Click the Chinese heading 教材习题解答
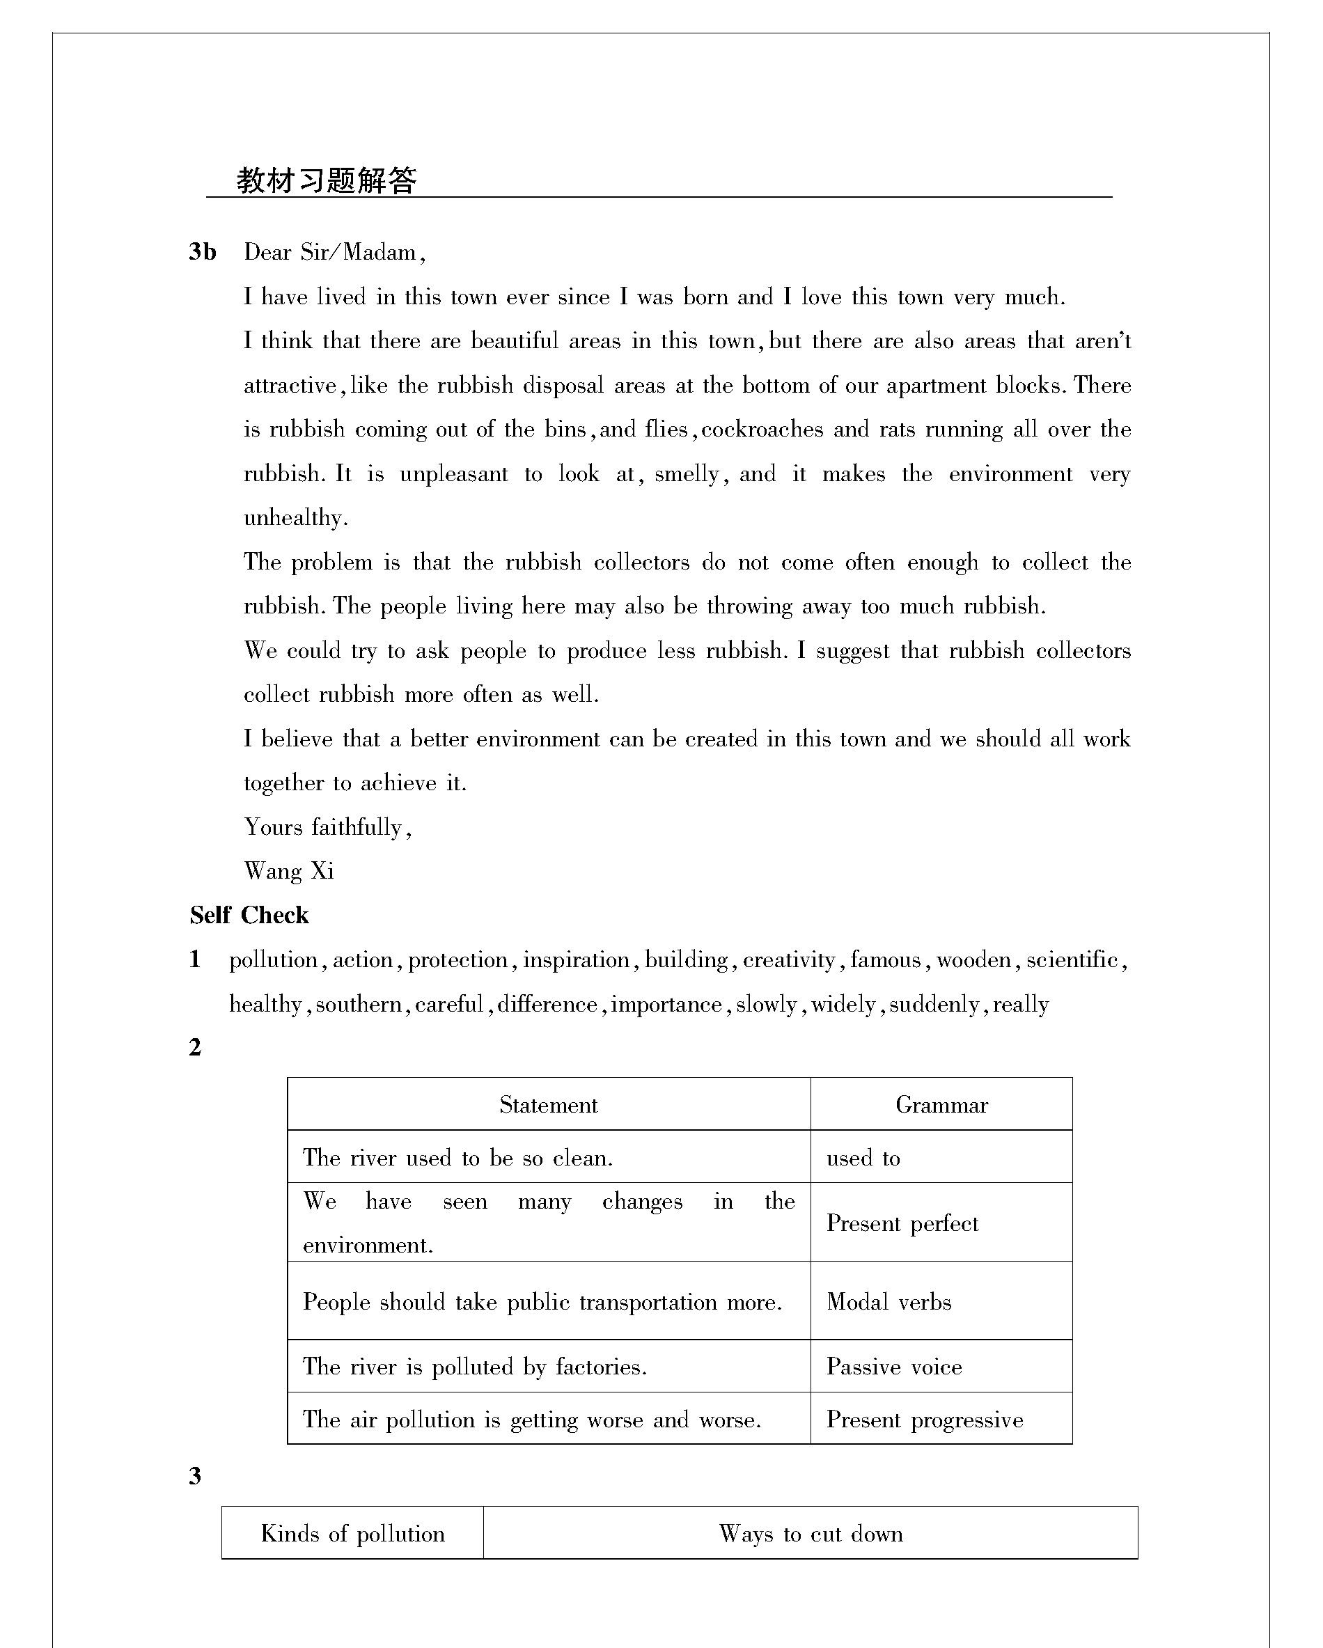[x=327, y=181]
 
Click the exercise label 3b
[x=203, y=251]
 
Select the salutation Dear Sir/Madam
[x=334, y=252]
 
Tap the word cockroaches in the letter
[x=762, y=429]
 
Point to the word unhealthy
[x=295, y=517]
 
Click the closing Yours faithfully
[x=327, y=827]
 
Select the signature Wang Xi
[x=289, y=870]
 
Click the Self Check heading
[x=249, y=915]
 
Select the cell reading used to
[x=863, y=1157]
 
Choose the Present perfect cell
[x=902, y=1223]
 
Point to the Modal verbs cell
[x=889, y=1302]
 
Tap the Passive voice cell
[x=893, y=1367]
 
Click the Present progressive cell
[x=924, y=1420]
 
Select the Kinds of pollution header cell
[x=352, y=1533]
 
